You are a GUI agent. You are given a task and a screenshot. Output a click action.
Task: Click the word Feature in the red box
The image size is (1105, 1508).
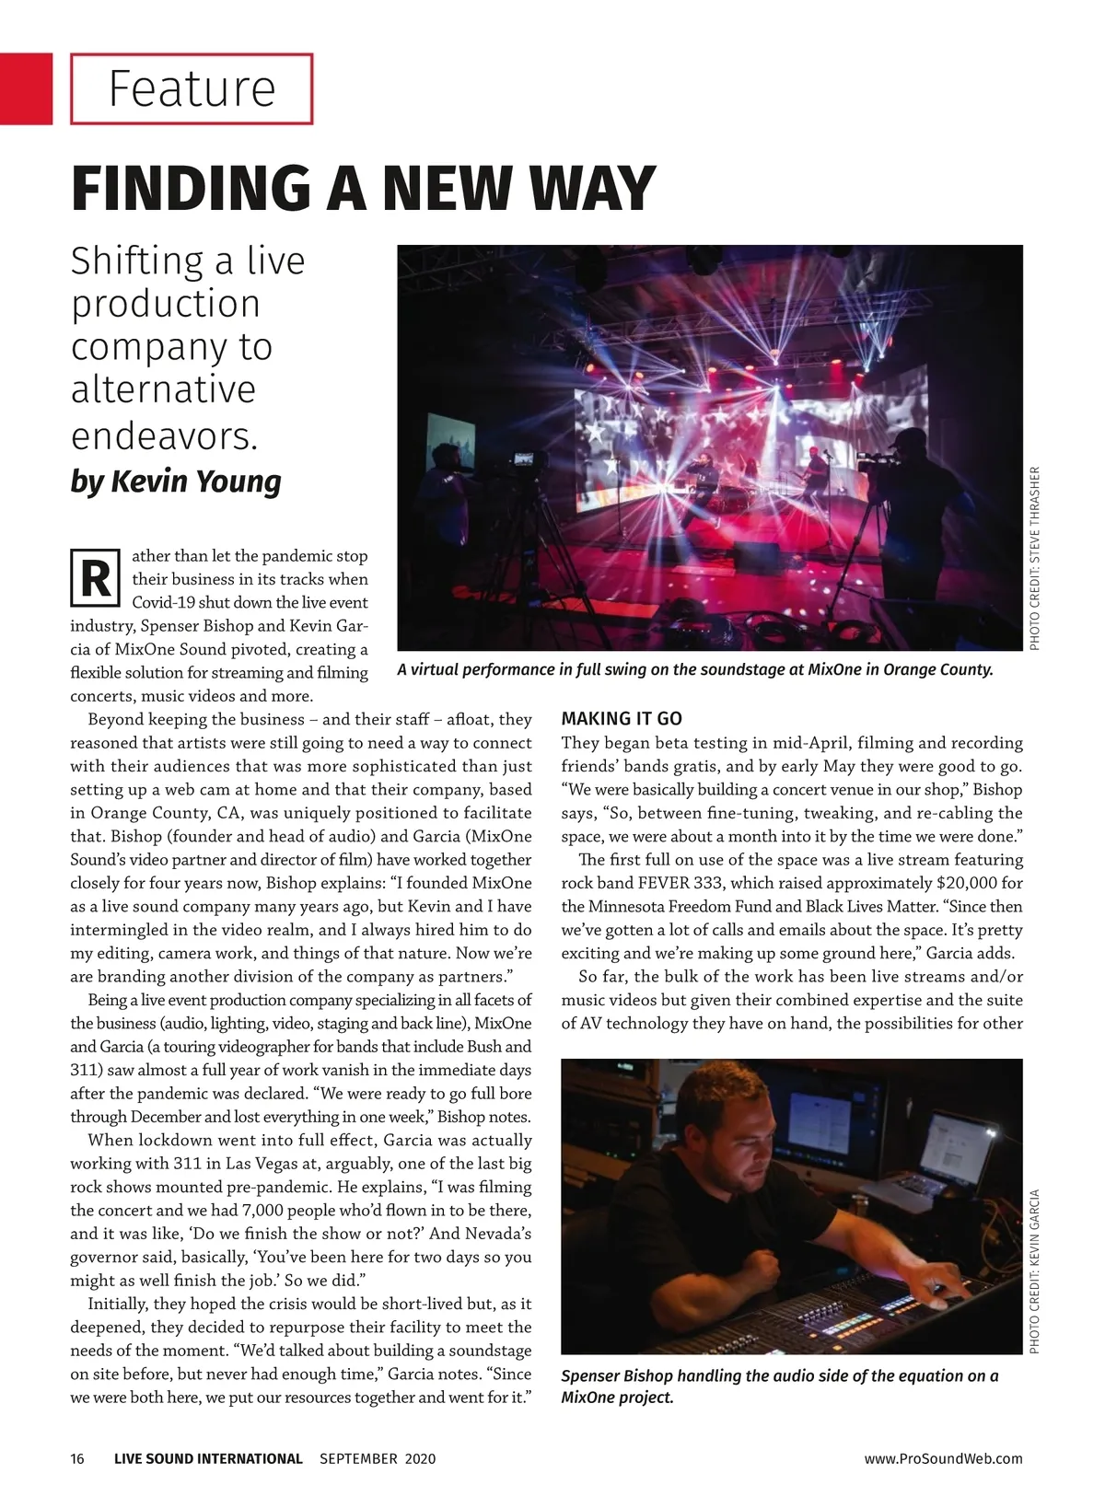pos(192,88)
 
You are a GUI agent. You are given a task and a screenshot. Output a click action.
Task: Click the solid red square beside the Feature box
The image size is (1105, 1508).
pos(26,88)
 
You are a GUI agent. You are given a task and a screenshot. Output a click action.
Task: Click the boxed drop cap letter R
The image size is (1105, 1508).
pos(95,578)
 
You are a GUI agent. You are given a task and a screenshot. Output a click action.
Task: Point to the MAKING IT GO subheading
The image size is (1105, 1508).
pos(622,719)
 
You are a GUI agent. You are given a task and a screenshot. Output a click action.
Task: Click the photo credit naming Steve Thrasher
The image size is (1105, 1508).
pos(1035,558)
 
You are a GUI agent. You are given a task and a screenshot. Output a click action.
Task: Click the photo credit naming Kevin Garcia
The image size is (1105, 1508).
pos(1035,1271)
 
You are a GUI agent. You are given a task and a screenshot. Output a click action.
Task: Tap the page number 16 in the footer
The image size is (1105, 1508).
pos(77,1458)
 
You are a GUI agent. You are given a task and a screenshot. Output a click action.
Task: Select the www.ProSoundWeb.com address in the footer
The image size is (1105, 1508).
pos(943,1458)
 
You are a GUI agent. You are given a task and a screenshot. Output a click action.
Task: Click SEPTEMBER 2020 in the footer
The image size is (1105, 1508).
pos(378,1458)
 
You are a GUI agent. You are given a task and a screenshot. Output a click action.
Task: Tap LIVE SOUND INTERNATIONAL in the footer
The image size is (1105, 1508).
pos(208,1458)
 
